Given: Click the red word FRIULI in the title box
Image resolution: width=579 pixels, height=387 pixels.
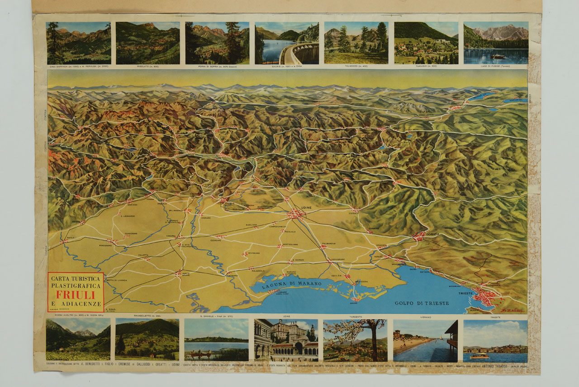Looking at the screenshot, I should [76, 294].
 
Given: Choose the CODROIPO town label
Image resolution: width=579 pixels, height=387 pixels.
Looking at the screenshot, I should [216, 241].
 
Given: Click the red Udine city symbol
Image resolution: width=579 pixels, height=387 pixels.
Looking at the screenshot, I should [296, 213].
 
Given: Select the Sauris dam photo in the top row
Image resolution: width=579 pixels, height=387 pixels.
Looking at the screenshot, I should [287, 43].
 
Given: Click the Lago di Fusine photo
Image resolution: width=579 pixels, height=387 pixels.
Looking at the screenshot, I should [496, 43].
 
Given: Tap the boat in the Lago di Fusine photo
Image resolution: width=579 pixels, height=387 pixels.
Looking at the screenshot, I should [498, 56].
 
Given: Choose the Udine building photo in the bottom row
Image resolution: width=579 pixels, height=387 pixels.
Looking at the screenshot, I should [286, 340].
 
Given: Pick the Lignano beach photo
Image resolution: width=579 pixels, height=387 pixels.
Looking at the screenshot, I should [425, 340].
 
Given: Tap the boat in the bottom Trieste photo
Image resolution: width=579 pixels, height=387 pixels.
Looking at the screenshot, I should [479, 356].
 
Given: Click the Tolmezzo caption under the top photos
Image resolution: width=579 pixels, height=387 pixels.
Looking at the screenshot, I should [356, 67].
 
